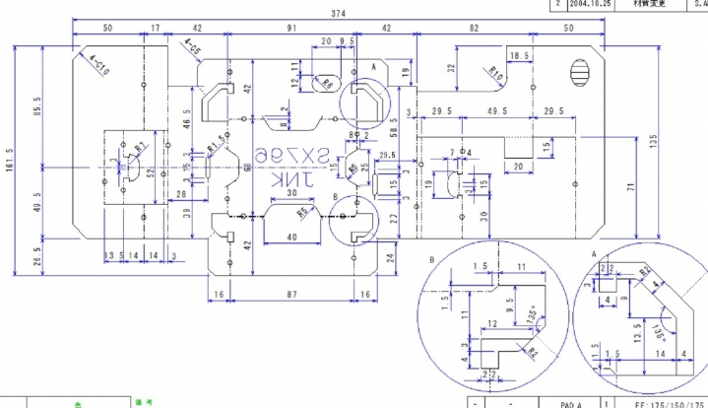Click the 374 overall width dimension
(339, 13)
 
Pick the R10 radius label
(496, 74)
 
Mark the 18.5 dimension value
(520, 57)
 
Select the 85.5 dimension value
(37, 104)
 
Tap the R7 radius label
(142, 148)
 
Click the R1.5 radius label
(217, 149)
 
